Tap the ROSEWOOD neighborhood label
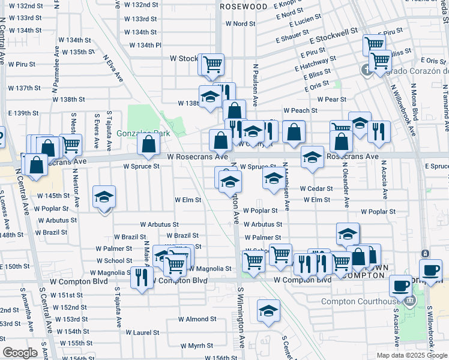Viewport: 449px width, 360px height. coord(244,6)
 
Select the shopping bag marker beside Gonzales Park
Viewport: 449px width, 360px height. coord(148,144)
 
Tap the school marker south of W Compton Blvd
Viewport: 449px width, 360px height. coord(268,310)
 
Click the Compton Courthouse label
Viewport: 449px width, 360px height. coord(360,301)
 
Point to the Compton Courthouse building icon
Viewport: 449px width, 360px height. coord(410,300)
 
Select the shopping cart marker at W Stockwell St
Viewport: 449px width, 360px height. coord(212,64)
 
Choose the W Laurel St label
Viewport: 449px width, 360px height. coord(142,332)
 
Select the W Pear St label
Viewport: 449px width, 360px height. coord(332,99)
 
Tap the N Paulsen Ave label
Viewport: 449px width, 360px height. coord(256,79)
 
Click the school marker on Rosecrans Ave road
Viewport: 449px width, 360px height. coord(312,156)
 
